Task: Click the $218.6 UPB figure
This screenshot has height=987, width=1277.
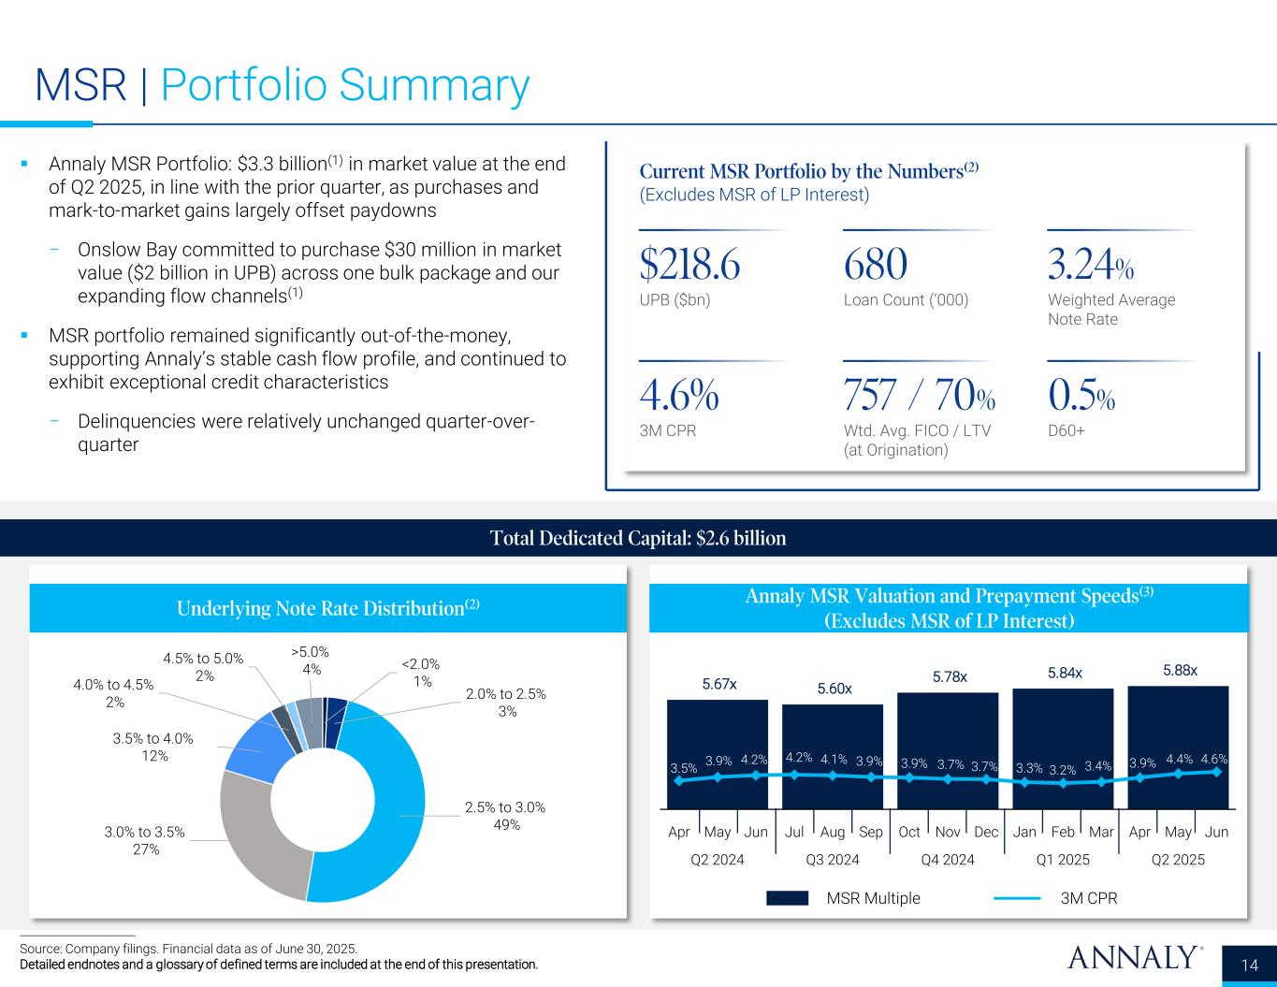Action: (689, 266)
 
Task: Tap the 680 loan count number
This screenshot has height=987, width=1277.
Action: (875, 266)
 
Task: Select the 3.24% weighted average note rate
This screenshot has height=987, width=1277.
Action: (1091, 266)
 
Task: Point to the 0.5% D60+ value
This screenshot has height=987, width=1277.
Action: (1081, 397)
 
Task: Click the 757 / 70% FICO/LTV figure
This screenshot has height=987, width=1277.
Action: (919, 397)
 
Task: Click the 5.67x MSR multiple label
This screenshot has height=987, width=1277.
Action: (719, 684)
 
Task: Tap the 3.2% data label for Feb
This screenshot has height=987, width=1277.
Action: (1062, 770)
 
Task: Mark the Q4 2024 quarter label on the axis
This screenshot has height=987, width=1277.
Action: (948, 859)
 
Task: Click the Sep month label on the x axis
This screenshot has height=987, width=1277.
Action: (871, 832)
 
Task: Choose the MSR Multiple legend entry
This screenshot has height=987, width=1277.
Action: (842, 898)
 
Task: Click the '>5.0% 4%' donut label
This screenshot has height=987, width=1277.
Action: (311, 660)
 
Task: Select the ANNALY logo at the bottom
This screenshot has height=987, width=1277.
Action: (1134, 958)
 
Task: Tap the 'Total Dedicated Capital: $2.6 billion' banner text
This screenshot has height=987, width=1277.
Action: (638, 538)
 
